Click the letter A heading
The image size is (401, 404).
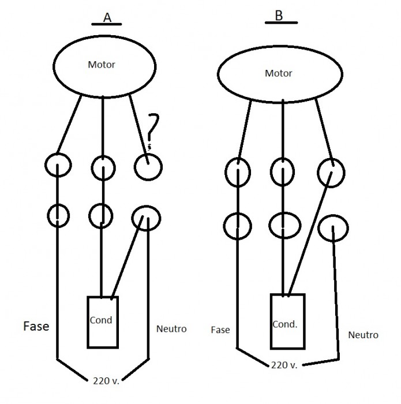(x=107, y=18)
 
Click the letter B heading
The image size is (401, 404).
(x=279, y=16)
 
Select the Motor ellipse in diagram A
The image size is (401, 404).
(x=102, y=65)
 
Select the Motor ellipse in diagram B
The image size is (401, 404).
(x=278, y=73)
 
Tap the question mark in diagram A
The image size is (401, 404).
(x=152, y=130)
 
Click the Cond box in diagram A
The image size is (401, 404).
(x=102, y=321)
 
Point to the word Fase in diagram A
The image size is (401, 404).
(x=36, y=326)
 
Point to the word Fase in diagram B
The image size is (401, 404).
(x=220, y=330)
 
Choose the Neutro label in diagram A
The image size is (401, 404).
(x=171, y=329)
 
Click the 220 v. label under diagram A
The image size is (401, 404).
(x=106, y=380)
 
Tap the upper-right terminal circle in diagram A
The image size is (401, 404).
(x=148, y=167)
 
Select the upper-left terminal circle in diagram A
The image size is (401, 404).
(x=59, y=166)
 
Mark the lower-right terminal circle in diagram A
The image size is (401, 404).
(x=145, y=219)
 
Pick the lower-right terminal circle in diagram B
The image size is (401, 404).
(x=333, y=229)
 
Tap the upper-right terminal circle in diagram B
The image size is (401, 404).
(x=331, y=173)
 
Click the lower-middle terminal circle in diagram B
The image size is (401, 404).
(x=284, y=224)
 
